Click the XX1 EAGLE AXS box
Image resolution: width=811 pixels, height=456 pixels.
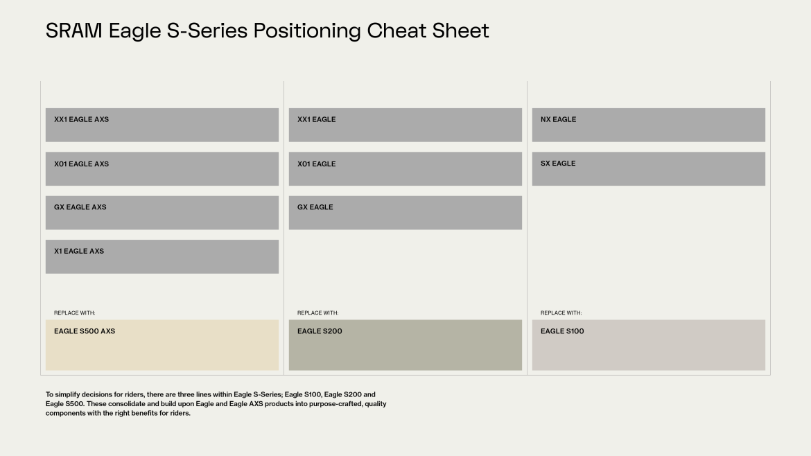click(162, 125)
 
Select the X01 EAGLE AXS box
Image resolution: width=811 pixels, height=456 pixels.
click(162, 168)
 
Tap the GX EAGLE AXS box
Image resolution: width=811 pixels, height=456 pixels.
click(162, 212)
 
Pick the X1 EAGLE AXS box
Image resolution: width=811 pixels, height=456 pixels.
click(162, 256)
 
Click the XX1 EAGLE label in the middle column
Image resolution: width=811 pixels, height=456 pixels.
click(316, 119)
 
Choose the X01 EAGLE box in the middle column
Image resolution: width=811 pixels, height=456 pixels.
click(405, 168)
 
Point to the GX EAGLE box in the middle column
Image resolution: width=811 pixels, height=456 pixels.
click(405, 212)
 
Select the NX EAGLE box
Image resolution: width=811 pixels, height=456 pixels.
click(648, 125)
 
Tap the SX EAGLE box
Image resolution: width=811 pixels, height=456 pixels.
click(648, 168)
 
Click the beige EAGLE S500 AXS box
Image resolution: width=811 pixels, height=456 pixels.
click(162, 344)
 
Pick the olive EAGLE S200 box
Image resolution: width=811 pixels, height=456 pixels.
click(405, 344)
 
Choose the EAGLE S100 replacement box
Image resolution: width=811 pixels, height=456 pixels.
click(648, 344)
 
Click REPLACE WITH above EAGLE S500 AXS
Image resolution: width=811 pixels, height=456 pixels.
click(75, 313)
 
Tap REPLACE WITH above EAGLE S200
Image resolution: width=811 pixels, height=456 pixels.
click(318, 313)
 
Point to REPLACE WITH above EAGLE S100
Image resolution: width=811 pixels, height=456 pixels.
click(561, 313)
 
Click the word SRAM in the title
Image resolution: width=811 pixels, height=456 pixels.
click(73, 31)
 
